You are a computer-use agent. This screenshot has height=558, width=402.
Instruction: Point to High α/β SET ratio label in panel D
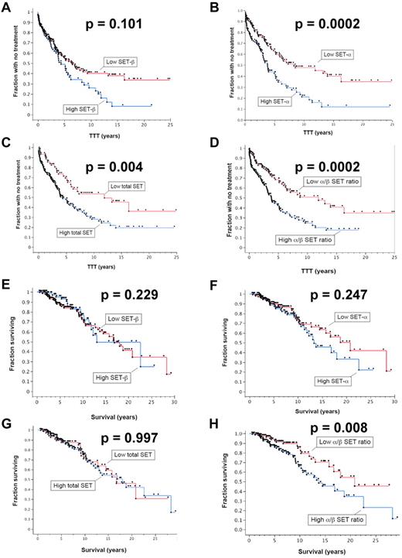(x=305, y=240)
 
